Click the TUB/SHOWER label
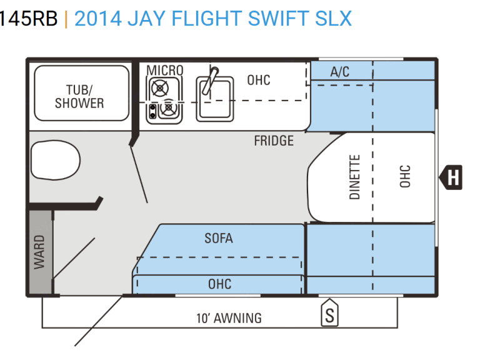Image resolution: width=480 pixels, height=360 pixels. [79, 96]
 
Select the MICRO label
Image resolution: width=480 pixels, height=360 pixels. [165, 70]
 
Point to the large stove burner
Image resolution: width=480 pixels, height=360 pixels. [159, 88]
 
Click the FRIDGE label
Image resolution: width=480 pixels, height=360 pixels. [274, 141]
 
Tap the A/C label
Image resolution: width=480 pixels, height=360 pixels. [340, 72]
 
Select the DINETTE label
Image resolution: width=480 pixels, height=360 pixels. [355, 177]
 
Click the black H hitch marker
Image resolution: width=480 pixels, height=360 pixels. [452, 177]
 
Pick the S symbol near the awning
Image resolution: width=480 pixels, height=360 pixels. [329, 314]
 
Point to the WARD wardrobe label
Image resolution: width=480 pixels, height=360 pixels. [39, 252]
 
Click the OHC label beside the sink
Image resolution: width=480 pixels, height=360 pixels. [259, 80]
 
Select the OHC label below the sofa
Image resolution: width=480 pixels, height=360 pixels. [219, 284]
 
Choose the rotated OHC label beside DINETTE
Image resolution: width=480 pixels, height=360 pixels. [404, 177]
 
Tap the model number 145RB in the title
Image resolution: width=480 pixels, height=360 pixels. [28, 19]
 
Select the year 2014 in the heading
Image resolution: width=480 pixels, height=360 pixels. [97, 19]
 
